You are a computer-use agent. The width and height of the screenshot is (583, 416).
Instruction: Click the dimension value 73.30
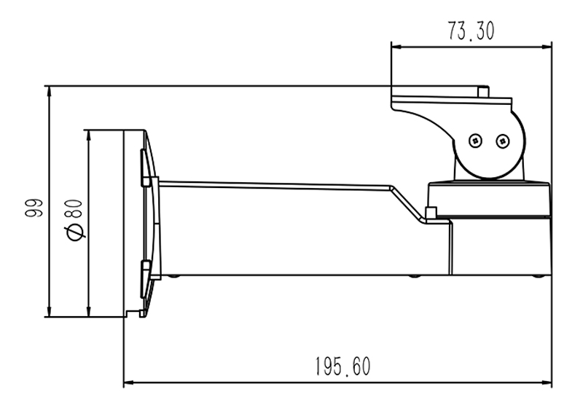pyautogui.click(x=471, y=31)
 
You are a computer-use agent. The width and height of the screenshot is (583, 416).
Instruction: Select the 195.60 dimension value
pyautogui.click(x=343, y=366)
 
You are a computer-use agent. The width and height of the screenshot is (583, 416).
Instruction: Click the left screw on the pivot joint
pyautogui.click(x=475, y=140)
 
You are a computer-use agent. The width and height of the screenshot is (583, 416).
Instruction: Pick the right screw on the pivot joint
pyautogui.click(x=501, y=140)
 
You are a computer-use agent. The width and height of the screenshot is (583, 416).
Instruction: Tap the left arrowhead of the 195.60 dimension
pyautogui.click(x=128, y=382)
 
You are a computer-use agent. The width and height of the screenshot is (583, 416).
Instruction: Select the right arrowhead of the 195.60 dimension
pyautogui.click(x=547, y=382)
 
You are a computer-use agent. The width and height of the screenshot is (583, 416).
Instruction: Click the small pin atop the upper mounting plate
pyautogui.click(x=482, y=91)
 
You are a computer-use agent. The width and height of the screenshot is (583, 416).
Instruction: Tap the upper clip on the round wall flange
pyautogui.click(x=148, y=180)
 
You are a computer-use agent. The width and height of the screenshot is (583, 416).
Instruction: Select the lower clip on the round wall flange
pyautogui.click(x=148, y=270)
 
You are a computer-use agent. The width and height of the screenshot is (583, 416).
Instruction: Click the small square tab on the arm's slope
pyautogui.click(x=430, y=213)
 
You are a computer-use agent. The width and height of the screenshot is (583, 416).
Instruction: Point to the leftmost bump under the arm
pyautogui.click(x=173, y=276)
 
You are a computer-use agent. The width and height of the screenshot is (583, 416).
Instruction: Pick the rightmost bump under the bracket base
pyautogui.click(x=537, y=276)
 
